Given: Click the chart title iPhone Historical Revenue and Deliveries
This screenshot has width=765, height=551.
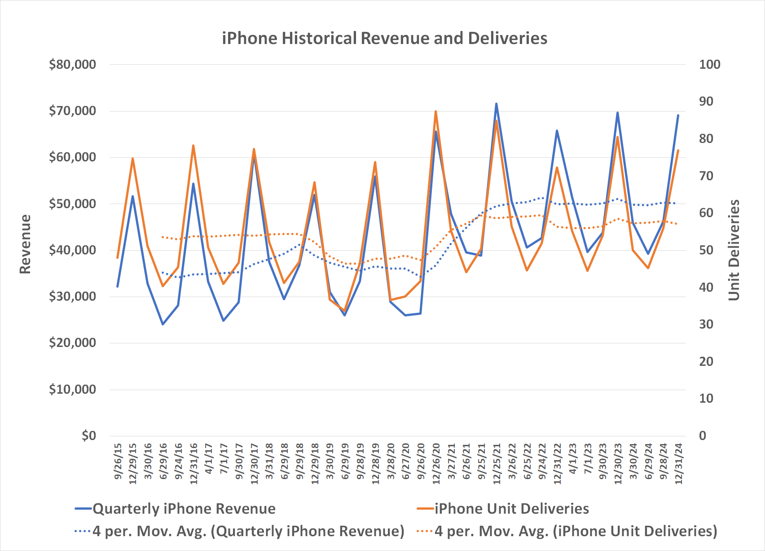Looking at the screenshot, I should click(384, 38).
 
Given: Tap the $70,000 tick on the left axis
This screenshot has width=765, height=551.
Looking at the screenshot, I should click(72, 111).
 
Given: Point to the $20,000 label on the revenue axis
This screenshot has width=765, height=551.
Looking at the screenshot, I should click(72, 342).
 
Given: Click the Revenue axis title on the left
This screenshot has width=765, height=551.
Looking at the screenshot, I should click(25, 244).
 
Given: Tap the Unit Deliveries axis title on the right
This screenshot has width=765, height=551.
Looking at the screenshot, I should click(734, 250).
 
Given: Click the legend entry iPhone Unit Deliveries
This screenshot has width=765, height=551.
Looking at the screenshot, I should click(511, 509).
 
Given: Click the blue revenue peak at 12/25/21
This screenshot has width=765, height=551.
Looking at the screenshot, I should click(497, 104).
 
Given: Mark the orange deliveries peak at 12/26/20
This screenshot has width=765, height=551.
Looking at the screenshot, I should click(436, 111).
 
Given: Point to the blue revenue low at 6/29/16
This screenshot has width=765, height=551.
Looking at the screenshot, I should click(163, 324).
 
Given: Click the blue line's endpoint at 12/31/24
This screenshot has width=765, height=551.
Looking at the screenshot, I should click(678, 116).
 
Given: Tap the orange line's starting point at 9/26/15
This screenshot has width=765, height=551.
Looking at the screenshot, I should click(118, 258).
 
